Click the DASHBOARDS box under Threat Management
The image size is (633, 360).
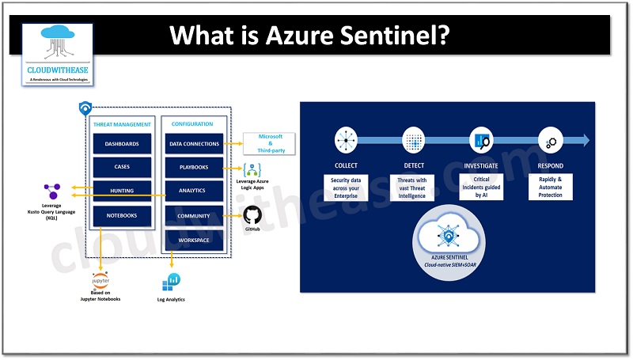coord(122,144)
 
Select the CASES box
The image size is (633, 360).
coord(122,168)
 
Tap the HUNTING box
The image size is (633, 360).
coord(122,191)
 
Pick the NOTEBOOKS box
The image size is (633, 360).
coord(122,215)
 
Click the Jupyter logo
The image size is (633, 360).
coord(100,283)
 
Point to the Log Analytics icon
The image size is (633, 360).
coord(172,282)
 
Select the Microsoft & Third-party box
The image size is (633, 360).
coord(269,143)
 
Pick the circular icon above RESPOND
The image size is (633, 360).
coord(550,140)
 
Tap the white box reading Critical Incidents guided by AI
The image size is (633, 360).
coord(482,187)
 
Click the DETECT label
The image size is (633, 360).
coord(414,165)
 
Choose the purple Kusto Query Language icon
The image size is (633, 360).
coord(52,191)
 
